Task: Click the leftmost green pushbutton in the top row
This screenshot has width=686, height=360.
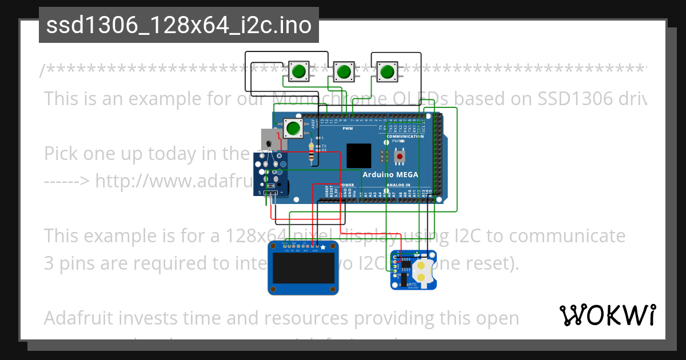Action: pyautogui.click(x=298, y=71)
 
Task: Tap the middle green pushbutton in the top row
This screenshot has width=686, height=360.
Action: pyautogui.click(x=343, y=72)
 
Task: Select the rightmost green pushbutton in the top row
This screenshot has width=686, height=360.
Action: pyautogui.click(x=388, y=71)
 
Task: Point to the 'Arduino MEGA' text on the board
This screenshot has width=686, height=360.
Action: pyautogui.click(x=390, y=174)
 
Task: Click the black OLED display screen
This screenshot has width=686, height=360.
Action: pyautogui.click(x=303, y=269)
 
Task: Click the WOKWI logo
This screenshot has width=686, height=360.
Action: pyautogui.click(x=607, y=315)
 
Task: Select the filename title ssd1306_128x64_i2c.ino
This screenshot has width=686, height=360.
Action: pyautogui.click(x=179, y=26)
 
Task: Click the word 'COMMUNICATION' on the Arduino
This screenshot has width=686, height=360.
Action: pyautogui.click(x=405, y=137)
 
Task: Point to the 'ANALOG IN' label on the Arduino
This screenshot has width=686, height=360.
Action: pyautogui.click(x=398, y=185)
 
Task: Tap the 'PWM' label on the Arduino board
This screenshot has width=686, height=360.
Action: pyautogui.click(x=348, y=129)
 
